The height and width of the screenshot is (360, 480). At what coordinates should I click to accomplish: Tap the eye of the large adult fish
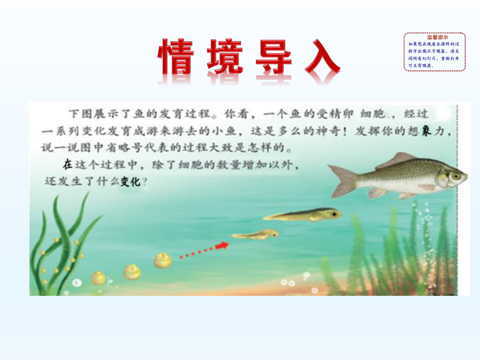tap(456, 176)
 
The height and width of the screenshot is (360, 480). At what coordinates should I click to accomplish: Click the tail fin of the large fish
tap(342, 179)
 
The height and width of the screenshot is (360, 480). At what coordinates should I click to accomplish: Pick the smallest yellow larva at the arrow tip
tap(256, 235)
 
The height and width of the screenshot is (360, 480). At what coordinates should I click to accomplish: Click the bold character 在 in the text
tap(67, 165)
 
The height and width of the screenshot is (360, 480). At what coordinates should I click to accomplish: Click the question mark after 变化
tap(144, 183)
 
